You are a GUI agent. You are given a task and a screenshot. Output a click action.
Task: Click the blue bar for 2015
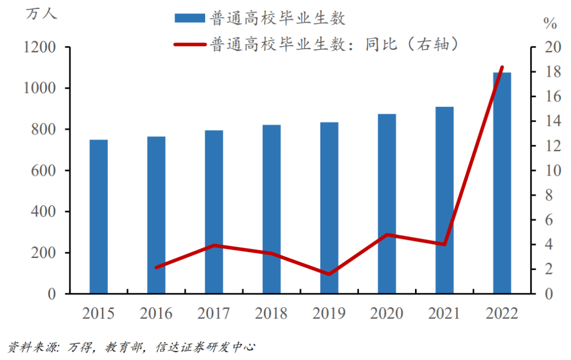coord(98,216)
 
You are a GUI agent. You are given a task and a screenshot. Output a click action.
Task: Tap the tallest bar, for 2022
coord(502,182)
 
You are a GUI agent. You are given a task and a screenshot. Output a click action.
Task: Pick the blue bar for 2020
coord(386,204)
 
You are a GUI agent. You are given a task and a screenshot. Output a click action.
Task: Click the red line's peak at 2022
coord(502,68)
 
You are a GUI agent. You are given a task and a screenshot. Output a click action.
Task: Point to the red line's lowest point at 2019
coord(329,274)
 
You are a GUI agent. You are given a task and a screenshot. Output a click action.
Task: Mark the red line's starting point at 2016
coord(156,267)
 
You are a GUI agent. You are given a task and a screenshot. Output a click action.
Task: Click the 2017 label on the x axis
coord(214,313)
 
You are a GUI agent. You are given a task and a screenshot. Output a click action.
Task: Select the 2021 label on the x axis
coord(444,313)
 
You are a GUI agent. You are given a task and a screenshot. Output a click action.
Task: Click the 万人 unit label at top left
coord(41,14)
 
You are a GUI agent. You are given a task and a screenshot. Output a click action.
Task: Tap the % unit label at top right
coord(550,23)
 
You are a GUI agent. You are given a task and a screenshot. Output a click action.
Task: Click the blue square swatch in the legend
coord(189,19)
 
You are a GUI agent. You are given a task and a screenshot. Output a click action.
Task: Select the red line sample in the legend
coord(189,44)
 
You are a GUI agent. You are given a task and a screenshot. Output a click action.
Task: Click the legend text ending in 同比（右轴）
coord(334,44)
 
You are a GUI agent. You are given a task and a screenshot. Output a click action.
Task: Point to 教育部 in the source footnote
coord(123,347)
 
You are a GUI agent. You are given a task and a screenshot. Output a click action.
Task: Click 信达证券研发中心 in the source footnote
coord(206,347)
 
